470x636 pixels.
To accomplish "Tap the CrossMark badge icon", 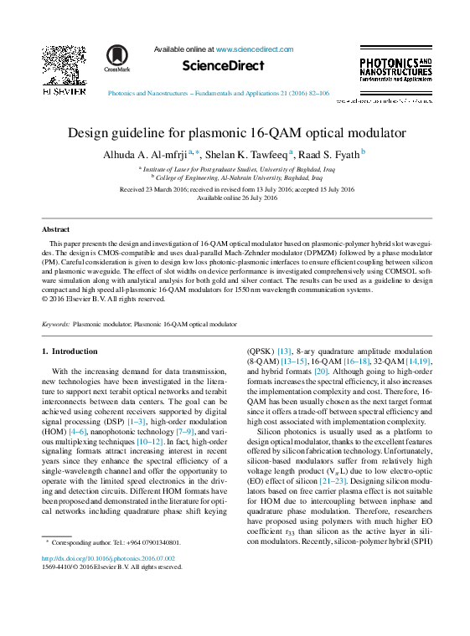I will (x=117, y=58).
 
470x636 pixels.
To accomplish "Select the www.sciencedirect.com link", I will (x=255, y=49).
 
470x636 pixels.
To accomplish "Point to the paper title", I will (x=235, y=132).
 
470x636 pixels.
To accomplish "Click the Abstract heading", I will (x=56, y=228).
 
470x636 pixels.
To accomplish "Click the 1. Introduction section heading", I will (x=70, y=351).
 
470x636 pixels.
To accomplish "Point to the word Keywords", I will (x=55, y=322).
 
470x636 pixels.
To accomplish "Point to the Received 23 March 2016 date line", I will (x=237, y=189).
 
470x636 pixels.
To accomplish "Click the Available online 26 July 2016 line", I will (x=237, y=197).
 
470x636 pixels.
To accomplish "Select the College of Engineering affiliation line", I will (x=237, y=178).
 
